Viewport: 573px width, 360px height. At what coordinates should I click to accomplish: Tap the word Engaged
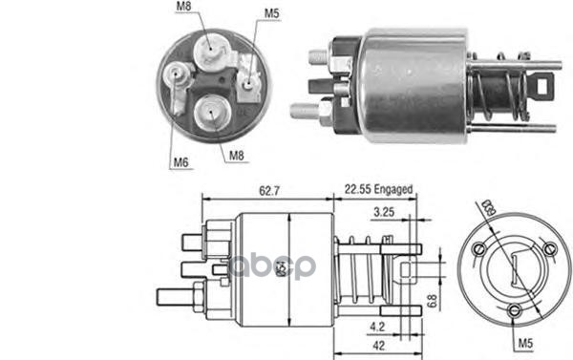click(x=393, y=190)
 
